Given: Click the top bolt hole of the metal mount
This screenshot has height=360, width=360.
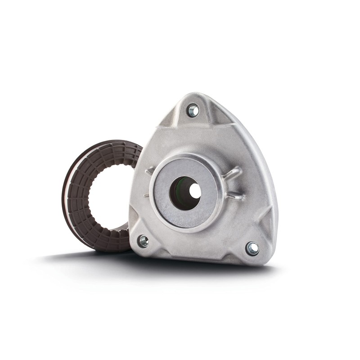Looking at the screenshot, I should tap(193, 110).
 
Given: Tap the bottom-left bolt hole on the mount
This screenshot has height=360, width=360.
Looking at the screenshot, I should tap(143, 241).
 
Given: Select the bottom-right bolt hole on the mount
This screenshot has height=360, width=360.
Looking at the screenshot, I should tap(252, 248).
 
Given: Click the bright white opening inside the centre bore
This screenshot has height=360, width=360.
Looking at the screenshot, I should tap(194, 191).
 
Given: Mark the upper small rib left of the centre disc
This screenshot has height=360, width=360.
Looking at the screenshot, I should tap(149, 171).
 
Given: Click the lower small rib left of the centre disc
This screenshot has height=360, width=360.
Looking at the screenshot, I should tap(146, 195).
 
